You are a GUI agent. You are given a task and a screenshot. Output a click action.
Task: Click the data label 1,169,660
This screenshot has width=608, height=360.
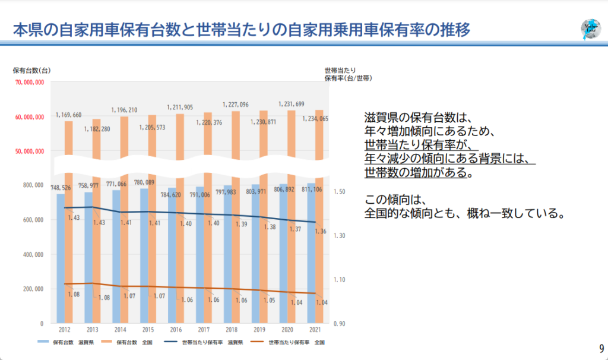69,115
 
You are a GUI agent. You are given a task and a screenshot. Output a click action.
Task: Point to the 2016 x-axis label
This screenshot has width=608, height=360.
175,329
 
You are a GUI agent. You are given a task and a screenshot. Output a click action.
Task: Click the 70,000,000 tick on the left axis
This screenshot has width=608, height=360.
29,83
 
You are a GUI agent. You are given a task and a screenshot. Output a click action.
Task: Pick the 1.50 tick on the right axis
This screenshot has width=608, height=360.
339,192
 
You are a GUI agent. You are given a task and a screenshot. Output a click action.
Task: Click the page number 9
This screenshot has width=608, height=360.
601,348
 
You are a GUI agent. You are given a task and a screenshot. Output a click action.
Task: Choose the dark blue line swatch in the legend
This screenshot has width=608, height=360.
170,342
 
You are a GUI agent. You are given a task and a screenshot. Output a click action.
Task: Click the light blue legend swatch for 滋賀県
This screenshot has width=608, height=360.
43,342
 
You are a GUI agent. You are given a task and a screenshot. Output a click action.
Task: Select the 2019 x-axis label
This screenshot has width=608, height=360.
259,329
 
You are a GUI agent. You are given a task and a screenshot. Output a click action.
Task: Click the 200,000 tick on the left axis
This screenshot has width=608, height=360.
33,289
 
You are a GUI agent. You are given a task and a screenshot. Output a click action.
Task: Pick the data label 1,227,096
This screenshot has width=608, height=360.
236,105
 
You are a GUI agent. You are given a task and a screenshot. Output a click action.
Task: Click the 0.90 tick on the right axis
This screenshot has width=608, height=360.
339,324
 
